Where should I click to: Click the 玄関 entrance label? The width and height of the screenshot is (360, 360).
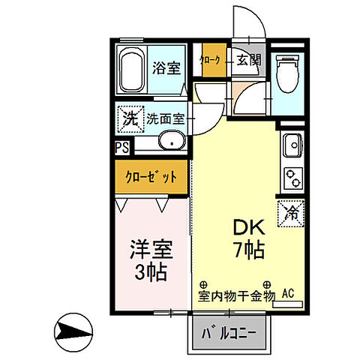(x=249, y=61)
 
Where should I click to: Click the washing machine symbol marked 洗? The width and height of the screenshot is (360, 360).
(x=130, y=118)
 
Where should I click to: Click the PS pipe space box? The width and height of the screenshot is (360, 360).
(x=121, y=148)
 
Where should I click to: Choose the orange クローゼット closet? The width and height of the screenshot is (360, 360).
(x=151, y=177)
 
